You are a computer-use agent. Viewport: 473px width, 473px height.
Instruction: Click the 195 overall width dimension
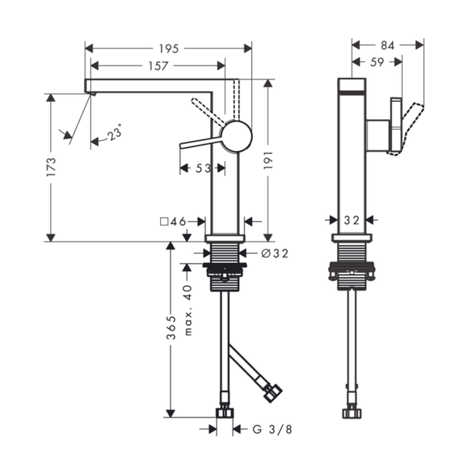[169, 48]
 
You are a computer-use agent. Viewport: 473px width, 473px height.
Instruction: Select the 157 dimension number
[158, 66]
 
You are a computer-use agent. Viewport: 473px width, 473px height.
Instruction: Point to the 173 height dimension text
[51, 166]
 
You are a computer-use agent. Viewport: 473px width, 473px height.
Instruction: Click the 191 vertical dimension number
[268, 160]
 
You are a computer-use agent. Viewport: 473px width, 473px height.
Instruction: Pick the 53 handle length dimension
[203, 168]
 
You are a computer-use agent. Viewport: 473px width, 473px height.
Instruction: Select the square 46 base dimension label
[173, 222]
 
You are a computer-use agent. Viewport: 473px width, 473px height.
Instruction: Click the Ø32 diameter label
[275, 254]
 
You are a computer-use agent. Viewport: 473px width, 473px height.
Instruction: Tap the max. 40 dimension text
[187, 310]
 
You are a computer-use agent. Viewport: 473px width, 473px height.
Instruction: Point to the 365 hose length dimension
[171, 328]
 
